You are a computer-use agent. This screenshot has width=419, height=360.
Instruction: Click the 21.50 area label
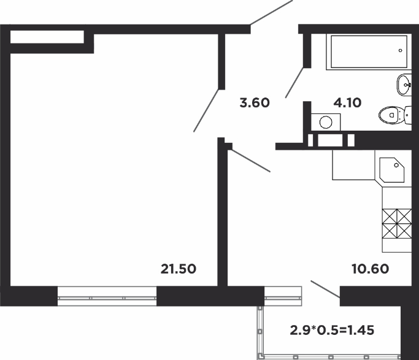[x=179, y=269]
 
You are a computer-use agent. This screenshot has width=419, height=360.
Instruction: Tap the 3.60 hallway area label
[x=255, y=103]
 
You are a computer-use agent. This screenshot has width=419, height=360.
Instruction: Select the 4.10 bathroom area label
[x=347, y=103]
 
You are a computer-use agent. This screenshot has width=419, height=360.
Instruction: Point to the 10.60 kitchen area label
[x=371, y=269]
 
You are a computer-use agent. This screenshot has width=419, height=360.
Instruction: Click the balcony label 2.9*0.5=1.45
[x=332, y=331]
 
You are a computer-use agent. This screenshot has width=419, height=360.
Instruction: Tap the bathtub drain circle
[x=401, y=50]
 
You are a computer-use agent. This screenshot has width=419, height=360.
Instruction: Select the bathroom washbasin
[x=404, y=85]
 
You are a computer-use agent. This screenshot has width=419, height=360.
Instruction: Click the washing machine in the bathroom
[x=326, y=122]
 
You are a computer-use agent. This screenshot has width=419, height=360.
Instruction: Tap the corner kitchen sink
[x=392, y=170]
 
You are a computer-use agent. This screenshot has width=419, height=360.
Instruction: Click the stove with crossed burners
[x=397, y=223]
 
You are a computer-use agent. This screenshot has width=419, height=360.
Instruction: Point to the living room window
[x=107, y=296]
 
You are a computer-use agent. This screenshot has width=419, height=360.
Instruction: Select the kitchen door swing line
[x=249, y=160]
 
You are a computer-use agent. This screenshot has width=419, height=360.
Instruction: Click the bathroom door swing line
[x=294, y=83]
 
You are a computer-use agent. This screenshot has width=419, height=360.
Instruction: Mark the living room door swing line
[x=207, y=110]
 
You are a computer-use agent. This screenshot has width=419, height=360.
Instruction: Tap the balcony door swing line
[x=326, y=289]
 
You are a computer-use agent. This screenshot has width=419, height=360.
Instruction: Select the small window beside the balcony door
[x=283, y=296]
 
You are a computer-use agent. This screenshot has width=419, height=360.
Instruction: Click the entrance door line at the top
[x=272, y=12]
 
